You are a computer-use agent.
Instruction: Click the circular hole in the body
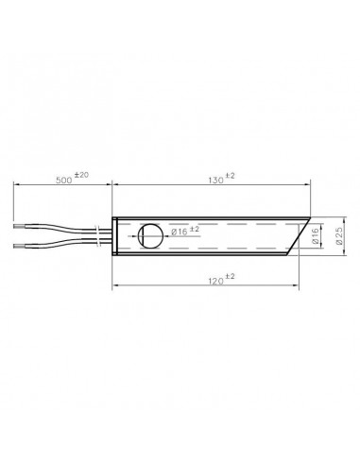point(149,236)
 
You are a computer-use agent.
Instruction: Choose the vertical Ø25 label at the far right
point(343,236)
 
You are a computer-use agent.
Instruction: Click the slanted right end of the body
point(298,237)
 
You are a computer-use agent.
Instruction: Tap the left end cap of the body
point(114,236)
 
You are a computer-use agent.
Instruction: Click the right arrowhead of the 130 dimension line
point(308,187)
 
